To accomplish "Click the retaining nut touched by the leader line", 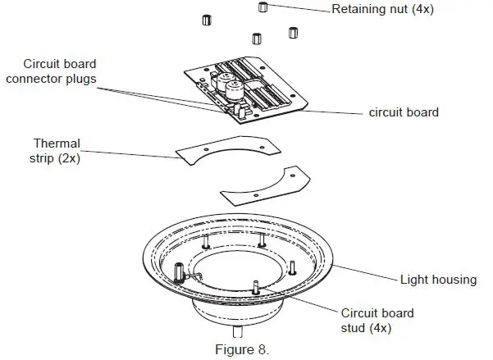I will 263,7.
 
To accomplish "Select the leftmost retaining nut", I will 208,18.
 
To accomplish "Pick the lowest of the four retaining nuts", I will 257,38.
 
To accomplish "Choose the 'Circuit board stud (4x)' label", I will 377,320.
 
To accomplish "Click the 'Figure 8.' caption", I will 241,350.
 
